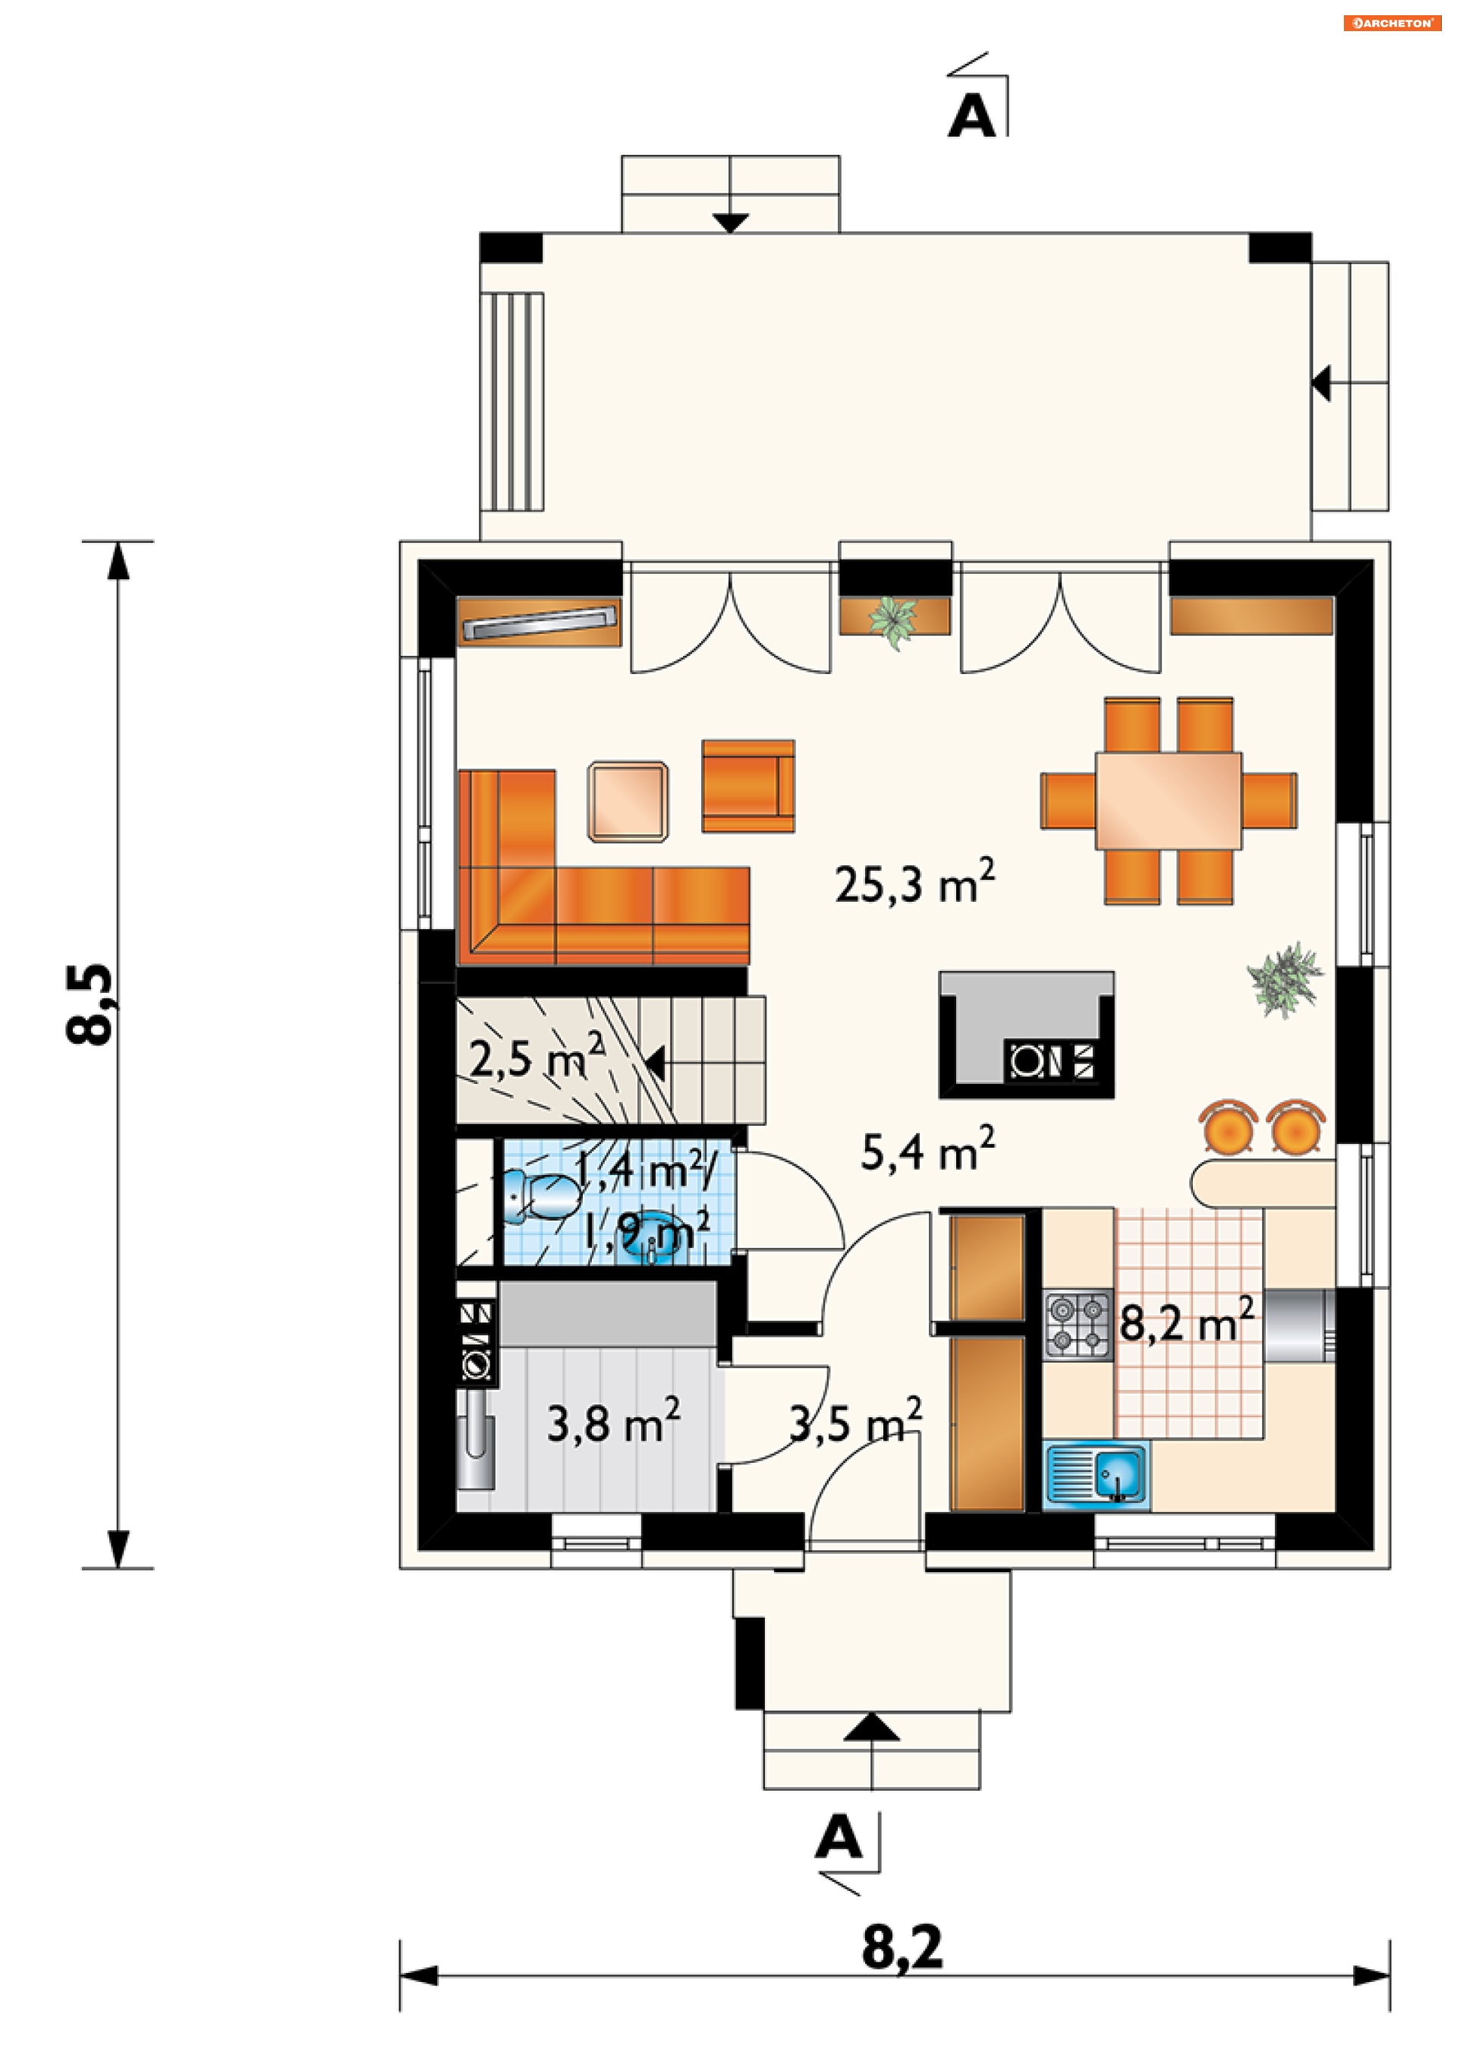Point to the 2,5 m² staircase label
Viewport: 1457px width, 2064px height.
tap(537, 1055)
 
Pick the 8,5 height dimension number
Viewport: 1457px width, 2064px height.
tap(90, 1004)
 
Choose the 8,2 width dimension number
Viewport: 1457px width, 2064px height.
tap(902, 1947)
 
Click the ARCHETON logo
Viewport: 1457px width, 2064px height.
tap(1392, 24)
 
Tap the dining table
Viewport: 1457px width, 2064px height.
tap(1169, 800)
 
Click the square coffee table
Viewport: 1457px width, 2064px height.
tap(628, 802)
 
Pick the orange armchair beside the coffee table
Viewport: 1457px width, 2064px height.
tap(747, 786)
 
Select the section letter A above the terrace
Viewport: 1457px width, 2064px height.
tap(971, 116)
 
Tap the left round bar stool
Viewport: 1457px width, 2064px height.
tap(1228, 1127)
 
